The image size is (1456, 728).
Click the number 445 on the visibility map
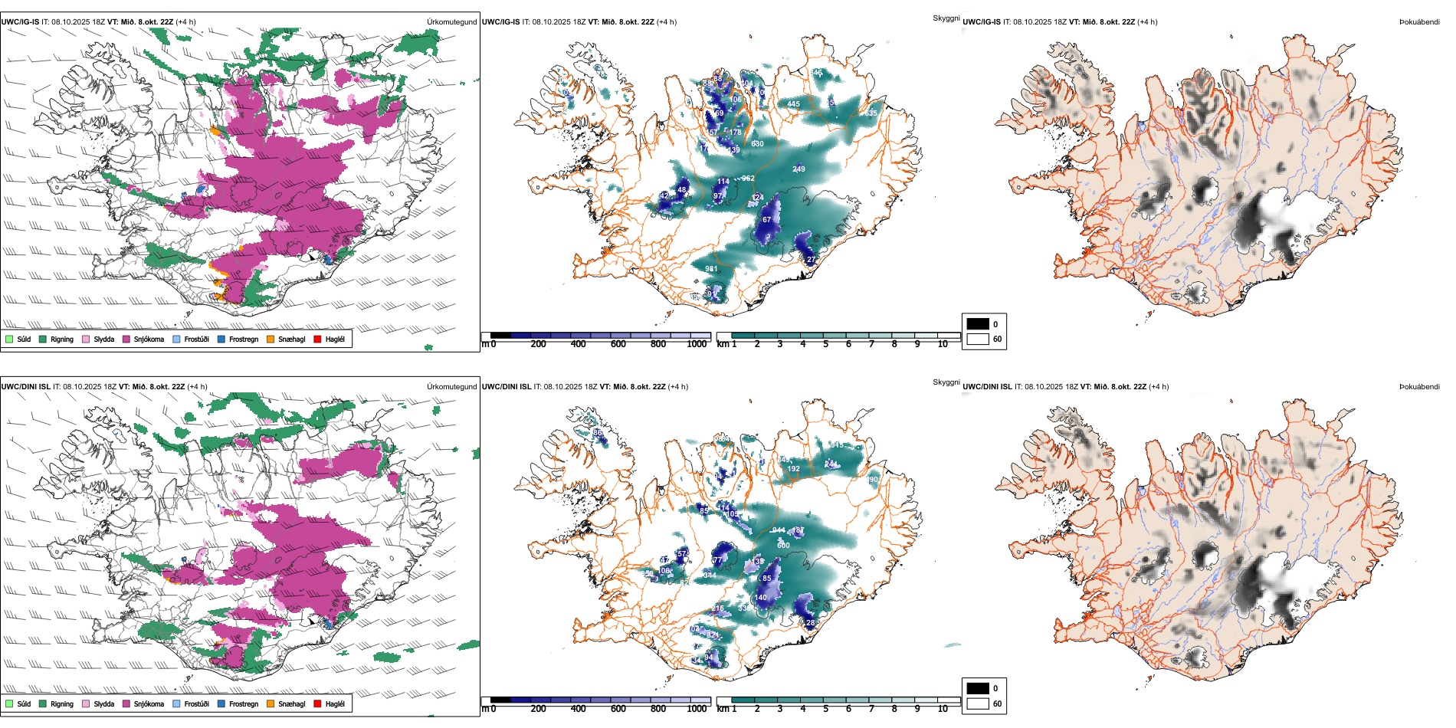coord(793,104)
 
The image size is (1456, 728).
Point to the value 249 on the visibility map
coord(799,169)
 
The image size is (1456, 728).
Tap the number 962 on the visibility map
coord(748,179)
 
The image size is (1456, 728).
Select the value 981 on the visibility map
coord(711,269)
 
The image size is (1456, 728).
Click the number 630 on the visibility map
coord(757,144)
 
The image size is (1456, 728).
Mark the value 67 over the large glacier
coord(766,220)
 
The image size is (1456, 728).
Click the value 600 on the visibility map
coord(783,546)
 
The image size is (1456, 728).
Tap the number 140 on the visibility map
coord(760,598)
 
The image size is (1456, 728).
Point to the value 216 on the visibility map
coord(718,608)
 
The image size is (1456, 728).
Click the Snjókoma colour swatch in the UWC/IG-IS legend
coord(126,339)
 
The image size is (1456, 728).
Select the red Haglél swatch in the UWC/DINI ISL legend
coord(318,703)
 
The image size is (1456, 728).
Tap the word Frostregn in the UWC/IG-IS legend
coord(244,339)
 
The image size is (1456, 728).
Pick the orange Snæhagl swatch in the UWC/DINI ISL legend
coord(271,703)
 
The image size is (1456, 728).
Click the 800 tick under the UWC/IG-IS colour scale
coord(658,344)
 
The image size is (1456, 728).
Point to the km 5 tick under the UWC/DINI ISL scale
coord(825,709)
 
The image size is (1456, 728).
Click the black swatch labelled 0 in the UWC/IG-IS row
coord(978,324)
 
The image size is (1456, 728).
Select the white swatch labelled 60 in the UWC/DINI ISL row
coord(978,703)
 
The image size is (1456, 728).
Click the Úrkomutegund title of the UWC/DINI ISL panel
coord(451,387)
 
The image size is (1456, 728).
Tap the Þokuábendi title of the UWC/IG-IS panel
coord(1419,22)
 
